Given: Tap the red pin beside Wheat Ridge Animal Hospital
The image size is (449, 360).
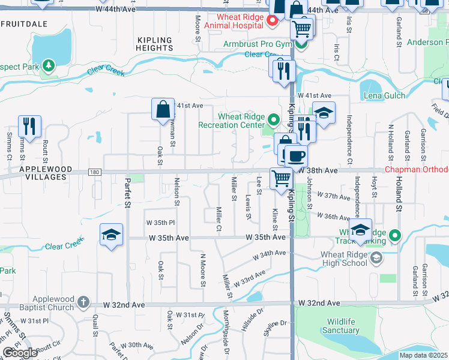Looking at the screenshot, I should pos(272,22).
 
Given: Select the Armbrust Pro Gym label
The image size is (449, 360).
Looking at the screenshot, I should pos(257,44).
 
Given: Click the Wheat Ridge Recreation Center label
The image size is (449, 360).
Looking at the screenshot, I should pos(232,121).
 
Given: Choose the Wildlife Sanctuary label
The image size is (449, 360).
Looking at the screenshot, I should pos(340,326).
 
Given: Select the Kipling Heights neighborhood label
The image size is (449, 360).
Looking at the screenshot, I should pos(155,44).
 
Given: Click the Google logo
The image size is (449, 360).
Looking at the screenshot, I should pos(20,353).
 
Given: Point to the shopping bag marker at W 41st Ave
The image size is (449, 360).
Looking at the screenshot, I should pos(163,110).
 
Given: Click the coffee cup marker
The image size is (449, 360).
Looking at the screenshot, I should pos(295,157).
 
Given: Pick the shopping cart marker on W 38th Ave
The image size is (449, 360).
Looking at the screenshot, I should pos(281,178).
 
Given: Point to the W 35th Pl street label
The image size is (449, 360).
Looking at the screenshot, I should pos(160,222).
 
